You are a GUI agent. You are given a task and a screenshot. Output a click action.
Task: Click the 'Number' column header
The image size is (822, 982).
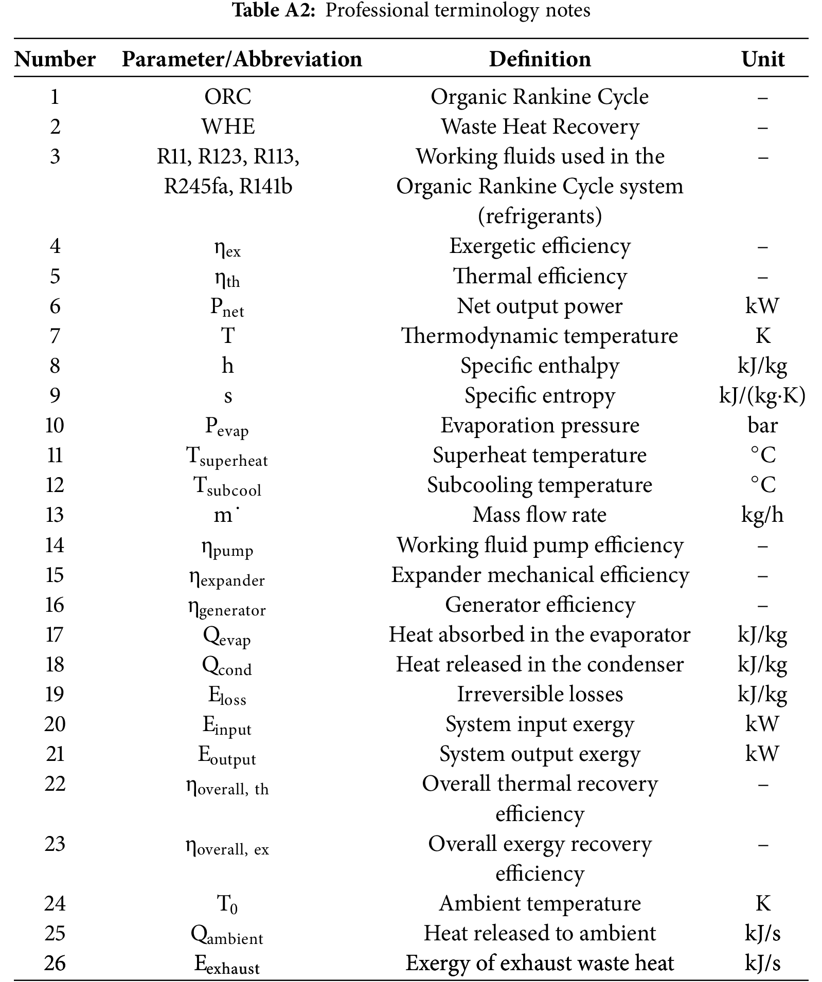point(55,59)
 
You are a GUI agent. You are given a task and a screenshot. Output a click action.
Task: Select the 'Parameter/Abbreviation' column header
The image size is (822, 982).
point(242,59)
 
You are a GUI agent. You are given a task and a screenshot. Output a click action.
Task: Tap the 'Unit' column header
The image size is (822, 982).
point(762,59)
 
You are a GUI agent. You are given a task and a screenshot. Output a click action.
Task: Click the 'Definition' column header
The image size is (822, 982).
point(540,59)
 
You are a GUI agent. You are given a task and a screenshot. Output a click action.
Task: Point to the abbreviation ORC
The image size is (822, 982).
point(228,97)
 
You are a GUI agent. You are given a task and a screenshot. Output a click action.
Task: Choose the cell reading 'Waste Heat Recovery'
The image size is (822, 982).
point(540,126)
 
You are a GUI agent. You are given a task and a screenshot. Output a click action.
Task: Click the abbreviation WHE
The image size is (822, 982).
point(228,126)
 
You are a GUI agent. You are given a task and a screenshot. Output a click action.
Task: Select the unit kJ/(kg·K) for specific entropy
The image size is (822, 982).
point(762,395)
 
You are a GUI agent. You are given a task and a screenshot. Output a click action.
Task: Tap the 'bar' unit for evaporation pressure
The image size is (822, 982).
point(762,425)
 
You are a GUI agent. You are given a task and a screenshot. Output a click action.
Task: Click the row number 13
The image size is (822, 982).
point(55,515)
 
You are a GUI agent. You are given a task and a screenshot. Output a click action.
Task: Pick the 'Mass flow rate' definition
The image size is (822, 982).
point(540,515)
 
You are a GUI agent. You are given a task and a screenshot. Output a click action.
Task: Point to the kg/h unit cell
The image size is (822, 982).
point(762,515)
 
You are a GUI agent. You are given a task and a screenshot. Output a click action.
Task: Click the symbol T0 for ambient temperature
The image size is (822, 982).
point(227,904)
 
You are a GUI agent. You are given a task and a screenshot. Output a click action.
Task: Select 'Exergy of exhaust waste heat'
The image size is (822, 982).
point(540,963)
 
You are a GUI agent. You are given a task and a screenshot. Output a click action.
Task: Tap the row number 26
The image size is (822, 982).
point(55,963)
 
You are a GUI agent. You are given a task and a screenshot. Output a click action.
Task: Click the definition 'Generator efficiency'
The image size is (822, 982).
point(540,605)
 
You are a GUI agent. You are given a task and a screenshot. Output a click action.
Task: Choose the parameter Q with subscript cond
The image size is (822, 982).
point(227,665)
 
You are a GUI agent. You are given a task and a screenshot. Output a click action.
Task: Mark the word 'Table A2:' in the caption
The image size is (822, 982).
point(273,10)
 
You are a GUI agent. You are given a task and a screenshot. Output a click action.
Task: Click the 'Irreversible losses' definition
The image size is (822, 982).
point(540,694)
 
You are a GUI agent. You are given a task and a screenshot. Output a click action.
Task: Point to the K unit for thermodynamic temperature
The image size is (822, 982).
point(762,336)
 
